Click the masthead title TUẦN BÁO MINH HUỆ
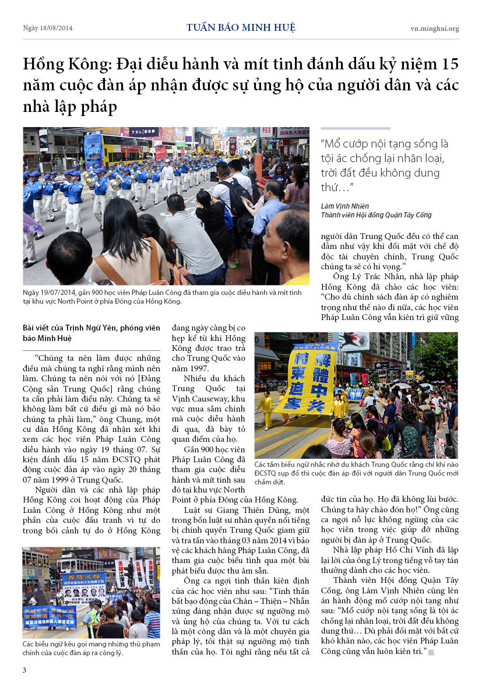241,27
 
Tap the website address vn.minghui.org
434,28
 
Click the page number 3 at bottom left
24,670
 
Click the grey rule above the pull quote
356,128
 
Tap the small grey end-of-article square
431,652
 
